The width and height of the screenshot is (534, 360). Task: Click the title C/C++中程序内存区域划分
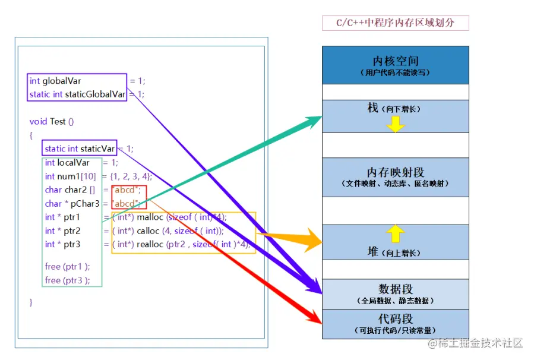pyautogui.click(x=395, y=23)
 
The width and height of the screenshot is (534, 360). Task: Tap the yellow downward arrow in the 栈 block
pyautogui.click(x=395, y=124)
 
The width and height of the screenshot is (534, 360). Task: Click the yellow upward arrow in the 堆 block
pyautogui.click(x=395, y=233)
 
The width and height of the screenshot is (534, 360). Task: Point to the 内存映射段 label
pyautogui.click(x=395, y=172)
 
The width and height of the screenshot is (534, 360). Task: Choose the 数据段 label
pyautogui.click(x=395, y=289)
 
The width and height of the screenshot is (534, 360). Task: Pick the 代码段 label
pyautogui.click(x=395, y=318)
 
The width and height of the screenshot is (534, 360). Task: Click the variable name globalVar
pyautogui.click(x=62, y=81)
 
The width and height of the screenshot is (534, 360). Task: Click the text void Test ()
pyautogui.click(x=52, y=121)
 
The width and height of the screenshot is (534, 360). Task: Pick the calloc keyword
pyautogui.click(x=148, y=230)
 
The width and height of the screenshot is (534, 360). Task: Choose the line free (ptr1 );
pyautogui.click(x=67, y=267)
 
